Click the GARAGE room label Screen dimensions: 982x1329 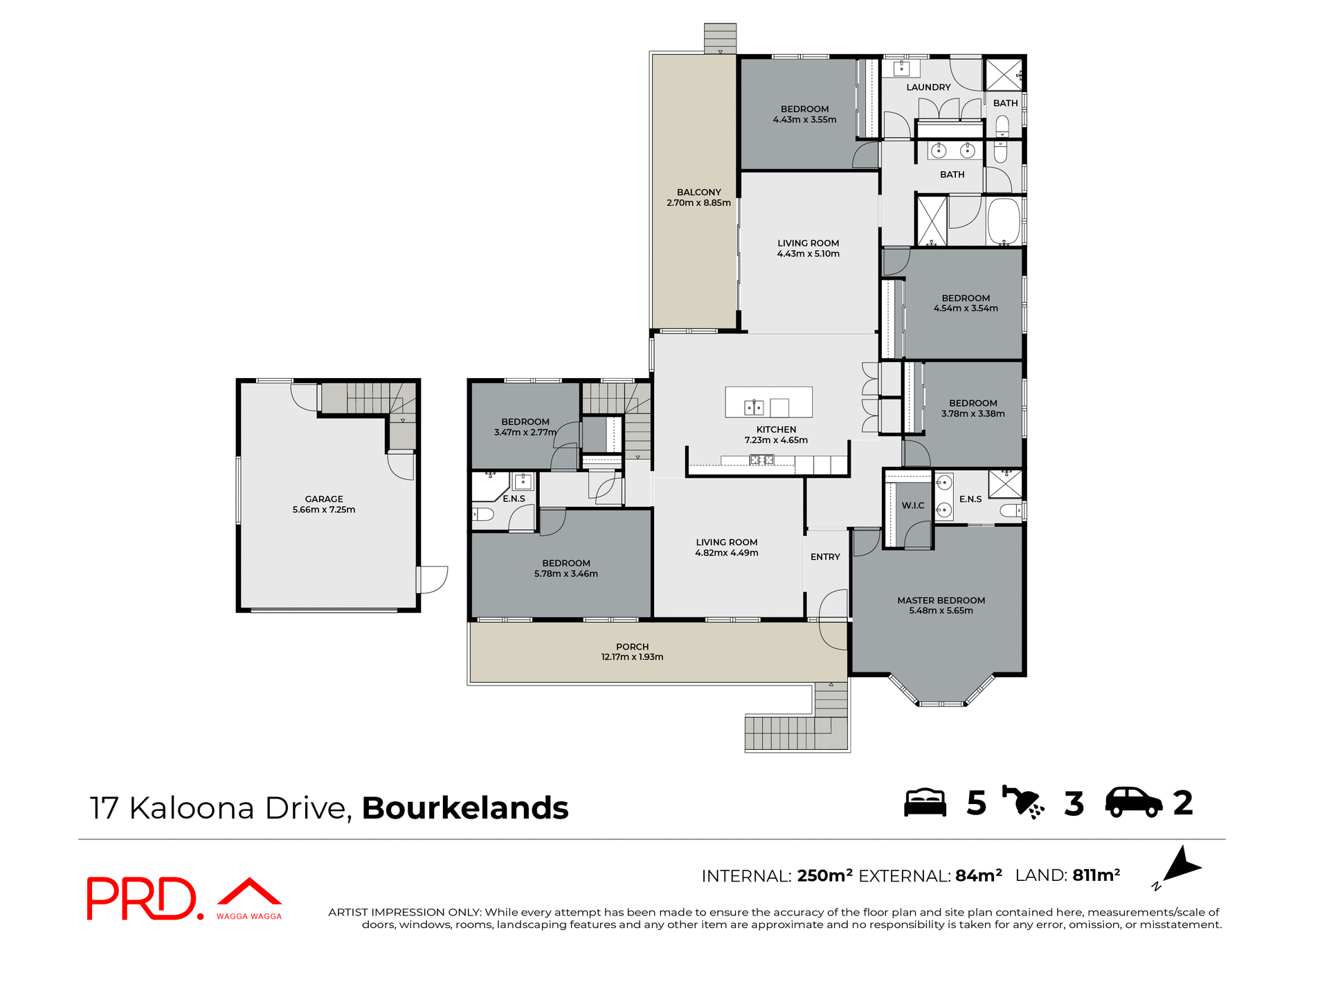tap(323, 499)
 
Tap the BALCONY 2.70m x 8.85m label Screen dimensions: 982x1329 tap(698, 197)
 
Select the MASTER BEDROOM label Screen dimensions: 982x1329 tap(941, 600)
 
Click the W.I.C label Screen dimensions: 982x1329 tap(912, 506)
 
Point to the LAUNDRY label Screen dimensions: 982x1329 tap(928, 87)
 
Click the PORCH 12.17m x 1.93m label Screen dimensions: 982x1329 tap(632, 652)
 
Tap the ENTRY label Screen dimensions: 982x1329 tap(825, 557)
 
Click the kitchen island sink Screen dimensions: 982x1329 tap(753, 407)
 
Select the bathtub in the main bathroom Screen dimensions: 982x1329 tap(1004, 222)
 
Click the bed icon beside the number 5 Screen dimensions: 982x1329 tap(925, 803)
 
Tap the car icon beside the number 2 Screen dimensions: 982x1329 tap(1133, 803)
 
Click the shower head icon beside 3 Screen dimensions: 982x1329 tap(1023, 803)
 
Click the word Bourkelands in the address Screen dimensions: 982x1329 tap(464, 808)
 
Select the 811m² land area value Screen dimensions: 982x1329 tap(1096, 875)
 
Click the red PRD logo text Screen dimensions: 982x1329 tap(142, 898)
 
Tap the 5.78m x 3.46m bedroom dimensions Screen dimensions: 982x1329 tap(566, 574)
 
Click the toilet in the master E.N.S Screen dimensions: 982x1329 tap(1012, 511)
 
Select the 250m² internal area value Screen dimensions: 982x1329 tap(824, 876)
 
